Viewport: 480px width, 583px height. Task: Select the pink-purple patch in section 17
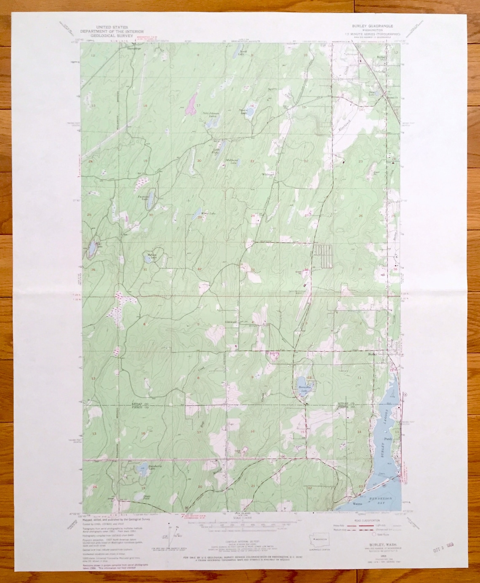tap(192, 104)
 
